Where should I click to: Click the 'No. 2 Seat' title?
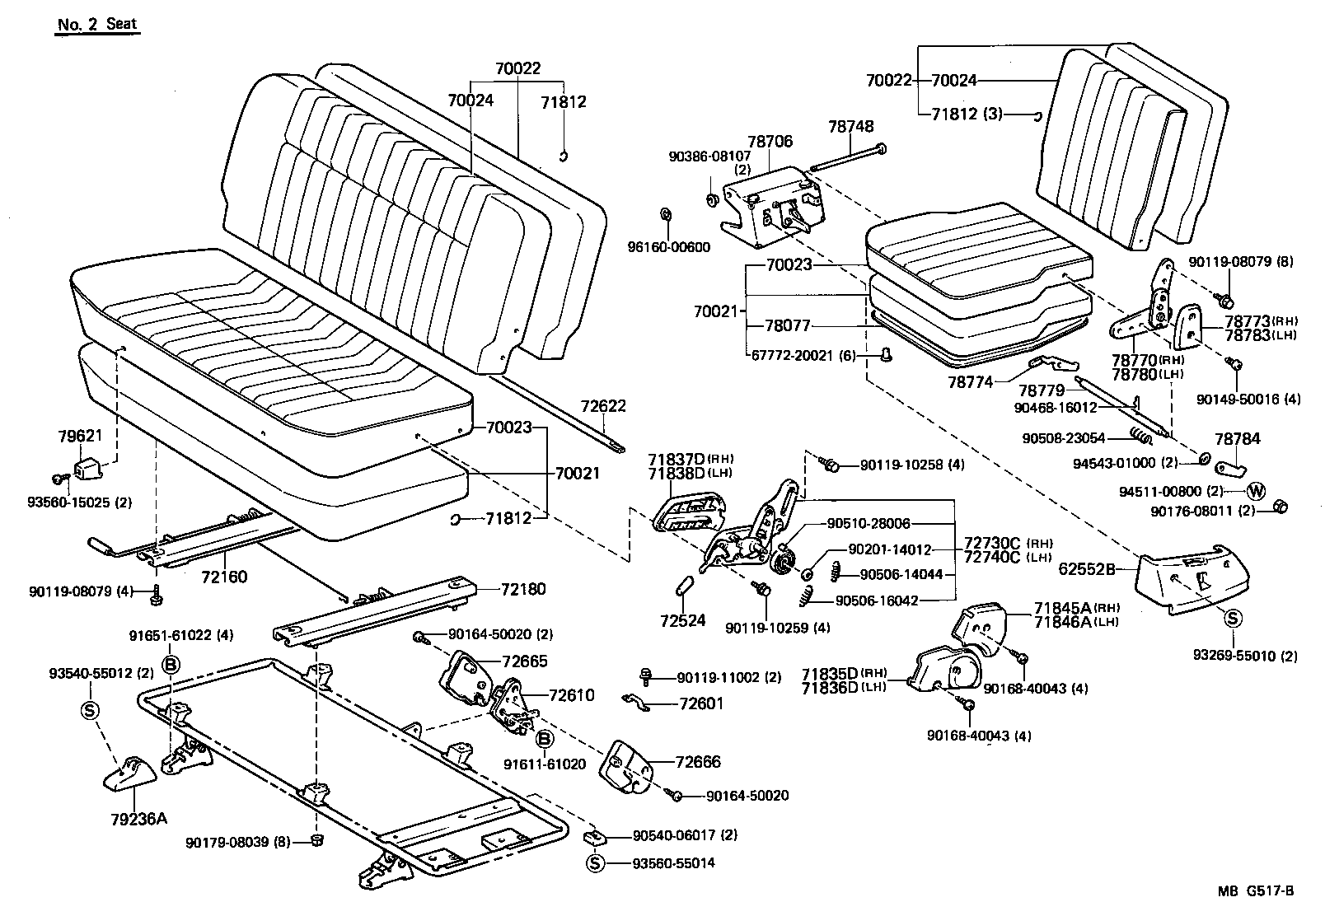point(97,24)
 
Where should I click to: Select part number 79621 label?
point(102,436)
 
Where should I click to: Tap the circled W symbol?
point(1256,491)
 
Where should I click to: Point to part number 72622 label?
point(603,406)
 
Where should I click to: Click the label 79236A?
point(138,818)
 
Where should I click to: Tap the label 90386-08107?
point(709,155)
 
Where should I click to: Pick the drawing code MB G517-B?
point(1257,890)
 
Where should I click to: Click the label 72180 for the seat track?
point(523,590)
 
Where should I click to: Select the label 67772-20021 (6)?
point(803,356)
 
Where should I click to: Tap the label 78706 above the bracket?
point(770,142)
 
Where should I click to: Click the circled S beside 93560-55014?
point(595,863)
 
